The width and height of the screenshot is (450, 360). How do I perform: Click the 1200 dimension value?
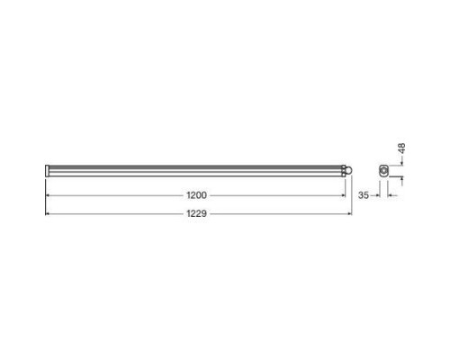196,195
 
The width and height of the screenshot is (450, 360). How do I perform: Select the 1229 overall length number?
196,213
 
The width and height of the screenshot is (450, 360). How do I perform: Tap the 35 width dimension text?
363,195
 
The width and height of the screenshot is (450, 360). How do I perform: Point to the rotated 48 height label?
402,148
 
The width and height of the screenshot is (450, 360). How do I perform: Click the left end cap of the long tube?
47,170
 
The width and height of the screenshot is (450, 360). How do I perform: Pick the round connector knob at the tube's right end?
348,170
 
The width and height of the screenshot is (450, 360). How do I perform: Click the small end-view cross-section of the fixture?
383,171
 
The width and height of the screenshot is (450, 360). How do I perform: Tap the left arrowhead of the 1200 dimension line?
47,195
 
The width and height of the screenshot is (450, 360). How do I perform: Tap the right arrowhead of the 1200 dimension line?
344,195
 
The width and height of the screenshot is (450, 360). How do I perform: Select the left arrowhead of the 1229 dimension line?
47,213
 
